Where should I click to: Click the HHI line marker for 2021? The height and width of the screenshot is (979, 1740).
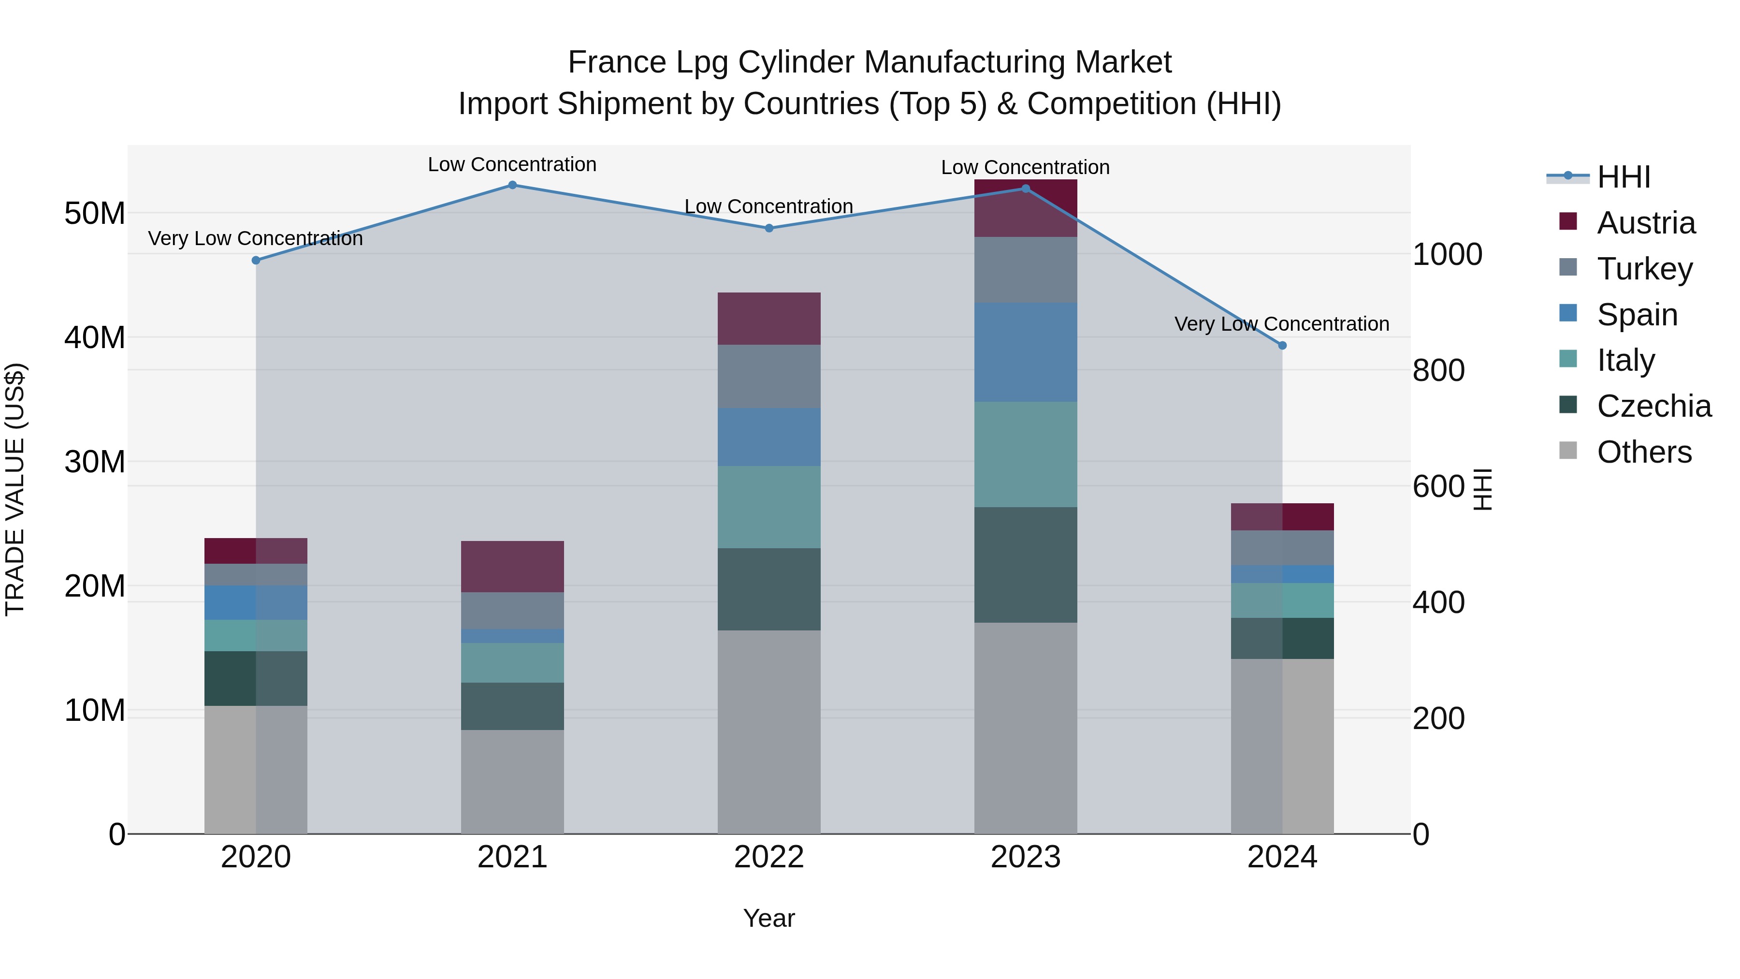coord(512,185)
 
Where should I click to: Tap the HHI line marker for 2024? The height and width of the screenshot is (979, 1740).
coord(1282,345)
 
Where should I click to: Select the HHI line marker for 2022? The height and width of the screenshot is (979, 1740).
coord(768,228)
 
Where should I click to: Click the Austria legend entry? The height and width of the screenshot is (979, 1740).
coord(1645,223)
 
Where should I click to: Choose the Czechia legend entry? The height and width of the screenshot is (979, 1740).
coord(1653,406)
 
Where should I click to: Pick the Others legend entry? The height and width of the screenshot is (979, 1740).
coord(1644,452)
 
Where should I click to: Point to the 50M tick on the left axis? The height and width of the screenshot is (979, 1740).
coord(95,214)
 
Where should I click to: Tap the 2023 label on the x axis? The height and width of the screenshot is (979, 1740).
coord(1025,857)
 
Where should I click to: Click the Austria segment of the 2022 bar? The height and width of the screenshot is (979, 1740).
coord(768,319)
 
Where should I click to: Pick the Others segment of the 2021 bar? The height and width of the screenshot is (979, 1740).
coord(512,781)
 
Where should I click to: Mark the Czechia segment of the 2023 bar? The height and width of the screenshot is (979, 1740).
coord(1025,565)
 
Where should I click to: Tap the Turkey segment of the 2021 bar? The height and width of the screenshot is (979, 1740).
coord(512,611)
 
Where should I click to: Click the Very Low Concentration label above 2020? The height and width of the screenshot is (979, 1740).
coord(255,238)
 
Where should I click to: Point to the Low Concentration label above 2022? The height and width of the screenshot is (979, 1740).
coord(768,207)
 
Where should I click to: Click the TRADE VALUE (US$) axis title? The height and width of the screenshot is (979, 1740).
coord(15,489)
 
